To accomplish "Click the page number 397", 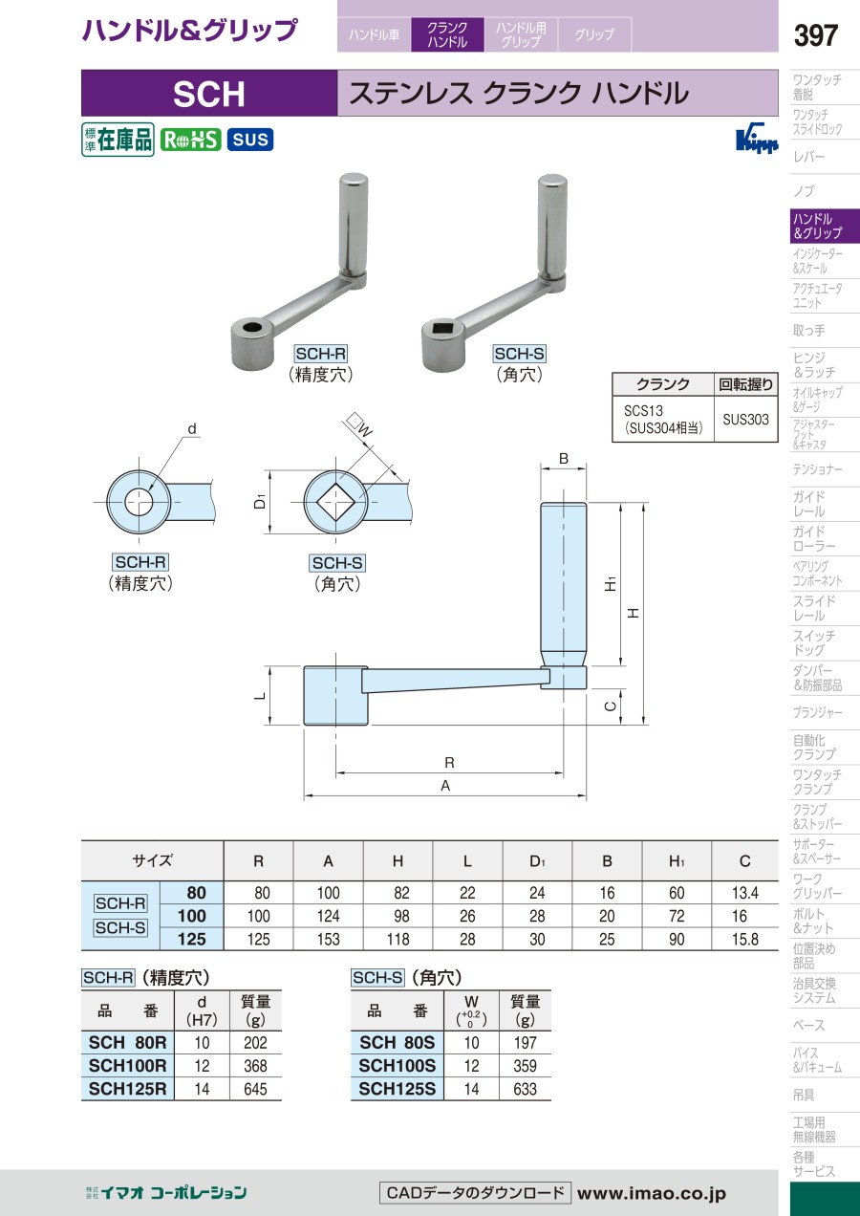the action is [x=815, y=35].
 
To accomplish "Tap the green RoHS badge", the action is [x=190, y=140].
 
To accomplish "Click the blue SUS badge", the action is [x=250, y=140].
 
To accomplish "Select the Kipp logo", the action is [x=757, y=141].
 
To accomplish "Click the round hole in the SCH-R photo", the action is [x=251, y=327].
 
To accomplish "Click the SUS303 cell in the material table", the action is [x=745, y=419].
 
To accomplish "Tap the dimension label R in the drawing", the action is [x=449, y=763].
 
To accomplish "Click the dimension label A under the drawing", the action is [x=445, y=786].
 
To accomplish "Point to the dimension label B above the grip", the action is [x=564, y=458].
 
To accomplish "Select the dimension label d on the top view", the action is [x=191, y=429].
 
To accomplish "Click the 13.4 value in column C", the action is [x=745, y=893].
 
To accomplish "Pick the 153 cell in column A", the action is [x=329, y=939].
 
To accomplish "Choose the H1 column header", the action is [x=677, y=861].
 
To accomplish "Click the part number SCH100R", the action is [x=127, y=1066].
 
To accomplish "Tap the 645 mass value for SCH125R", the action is [x=255, y=1089].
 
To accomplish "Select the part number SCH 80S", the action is [x=398, y=1042].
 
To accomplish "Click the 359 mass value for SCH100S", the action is [x=525, y=1066].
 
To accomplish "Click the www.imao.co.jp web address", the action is [x=651, y=1193].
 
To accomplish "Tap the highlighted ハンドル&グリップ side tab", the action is [x=825, y=226].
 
